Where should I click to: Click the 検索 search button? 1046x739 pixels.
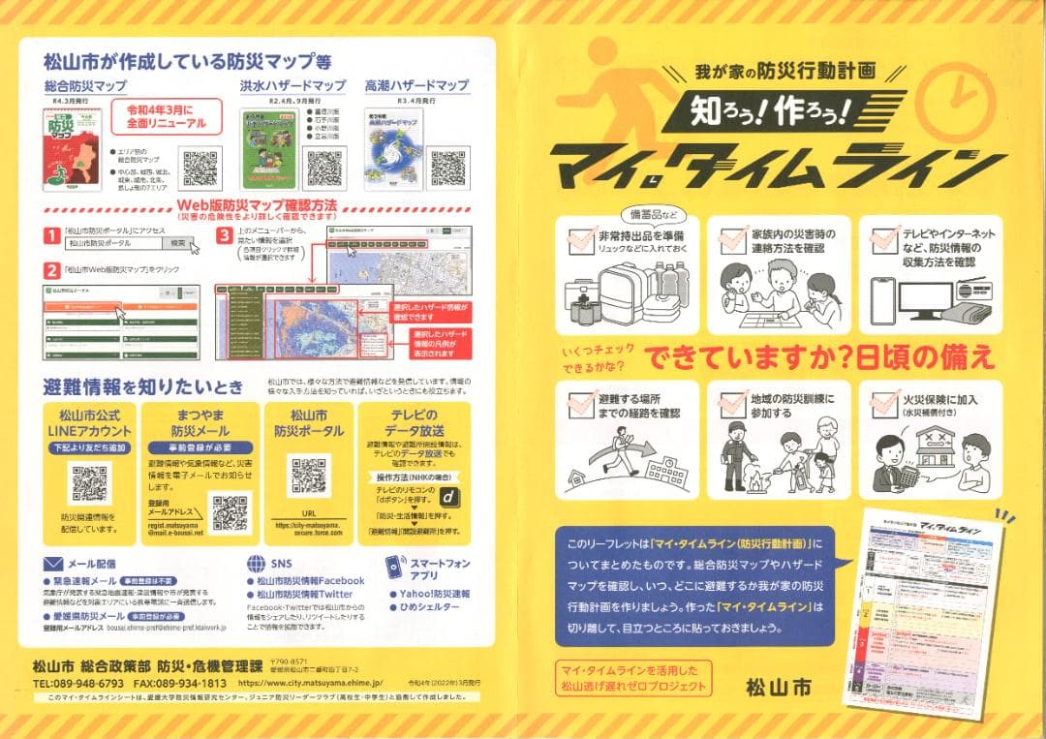click(x=178, y=243)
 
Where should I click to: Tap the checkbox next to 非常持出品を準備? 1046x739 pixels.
click(x=581, y=238)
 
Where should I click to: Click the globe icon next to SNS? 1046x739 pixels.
click(x=256, y=563)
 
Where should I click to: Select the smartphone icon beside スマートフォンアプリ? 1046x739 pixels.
click(x=394, y=567)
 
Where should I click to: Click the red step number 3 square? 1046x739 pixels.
click(x=224, y=235)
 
